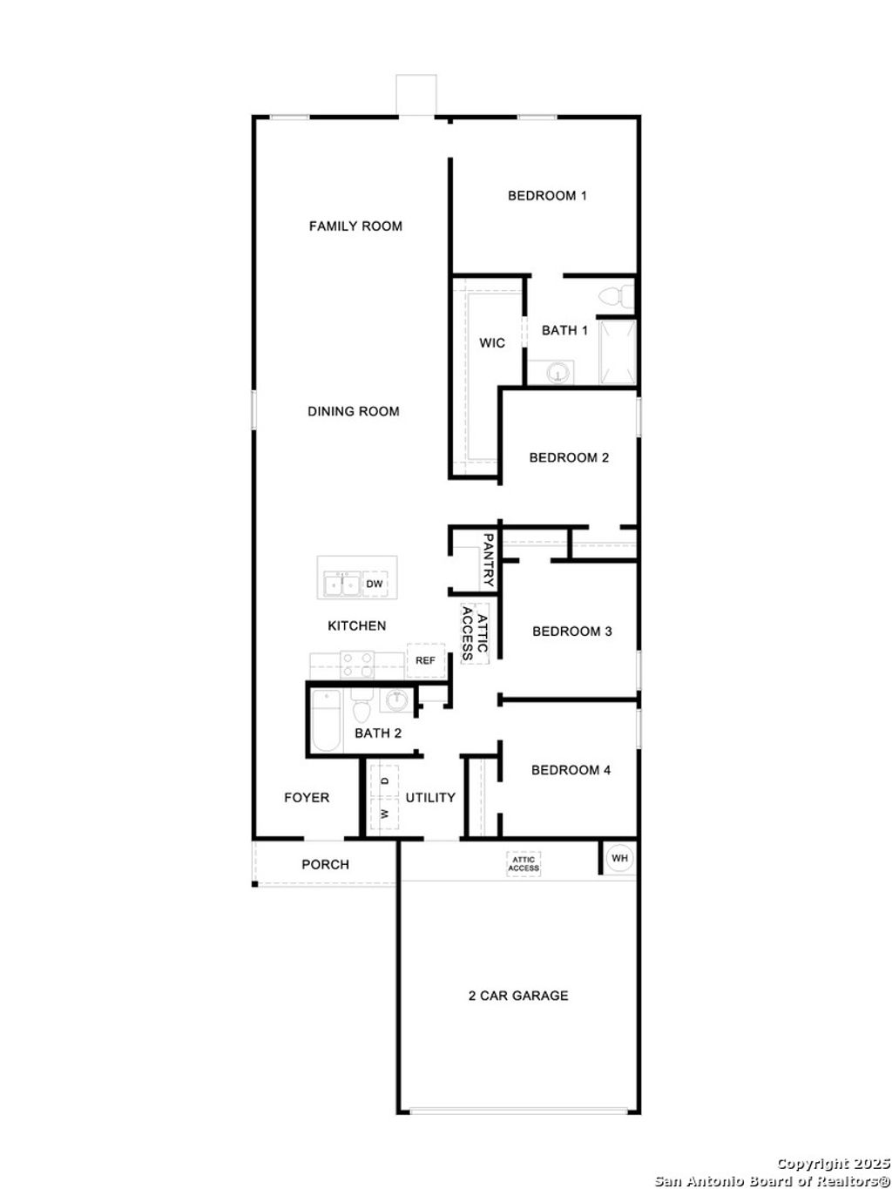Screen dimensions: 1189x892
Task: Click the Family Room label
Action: (355, 226)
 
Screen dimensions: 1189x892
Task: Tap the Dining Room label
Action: (353, 411)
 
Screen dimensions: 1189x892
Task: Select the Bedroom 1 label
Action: (547, 196)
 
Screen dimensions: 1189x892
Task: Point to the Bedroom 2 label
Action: (568, 457)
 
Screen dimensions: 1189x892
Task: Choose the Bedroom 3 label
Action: (571, 631)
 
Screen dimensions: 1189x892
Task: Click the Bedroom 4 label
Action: (571, 770)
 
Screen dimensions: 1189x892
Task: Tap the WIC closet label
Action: (492, 343)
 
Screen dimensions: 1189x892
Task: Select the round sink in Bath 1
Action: (557, 373)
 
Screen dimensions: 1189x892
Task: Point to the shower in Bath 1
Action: (618, 352)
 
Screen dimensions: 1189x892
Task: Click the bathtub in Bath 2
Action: (328, 719)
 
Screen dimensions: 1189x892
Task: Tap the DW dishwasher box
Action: (375, 584)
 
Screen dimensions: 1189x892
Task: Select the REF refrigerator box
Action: (425, 660)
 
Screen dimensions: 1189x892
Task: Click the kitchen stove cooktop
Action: (356, 665)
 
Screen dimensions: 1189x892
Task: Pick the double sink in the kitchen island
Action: (341, 584)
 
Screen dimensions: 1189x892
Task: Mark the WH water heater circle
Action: (619, 858)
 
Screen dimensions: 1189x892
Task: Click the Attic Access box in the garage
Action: (524, 864)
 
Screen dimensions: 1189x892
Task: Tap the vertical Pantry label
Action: (488, 560)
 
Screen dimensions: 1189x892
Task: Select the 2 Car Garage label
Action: (517, 996)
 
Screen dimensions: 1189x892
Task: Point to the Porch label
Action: (325, 865)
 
